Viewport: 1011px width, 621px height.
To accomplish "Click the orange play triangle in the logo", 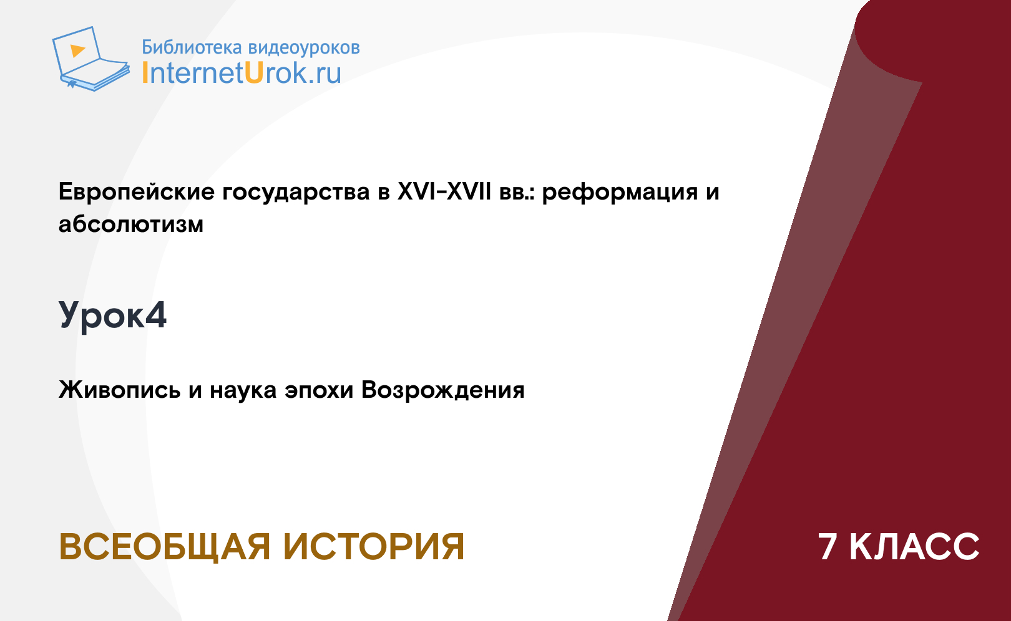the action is click(x=77, y=51).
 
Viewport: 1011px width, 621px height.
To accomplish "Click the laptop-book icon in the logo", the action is click(x=90, y=59).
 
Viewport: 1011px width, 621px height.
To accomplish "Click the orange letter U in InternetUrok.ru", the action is click(x=254, y=73).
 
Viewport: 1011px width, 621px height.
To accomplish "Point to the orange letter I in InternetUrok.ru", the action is click(x=145, y=73).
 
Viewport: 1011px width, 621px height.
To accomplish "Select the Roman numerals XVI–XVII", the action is click(x=444, y=191).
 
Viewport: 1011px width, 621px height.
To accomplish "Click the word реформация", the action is click(x=620, y=193).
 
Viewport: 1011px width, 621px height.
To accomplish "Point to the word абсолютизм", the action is click(x=131, y=224).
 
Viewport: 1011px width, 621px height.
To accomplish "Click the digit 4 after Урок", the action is click(x=156, y=315).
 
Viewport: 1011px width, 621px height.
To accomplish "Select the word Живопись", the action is click(x=120, y=390).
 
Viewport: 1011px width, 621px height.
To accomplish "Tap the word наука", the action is click(x=243, y=390).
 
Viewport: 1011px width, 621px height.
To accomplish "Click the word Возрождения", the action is click(x=442, y=390).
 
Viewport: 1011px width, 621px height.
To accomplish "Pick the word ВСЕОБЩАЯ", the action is click(x=165, y=547).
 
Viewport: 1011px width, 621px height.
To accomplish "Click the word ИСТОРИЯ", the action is click(x=374, y=547).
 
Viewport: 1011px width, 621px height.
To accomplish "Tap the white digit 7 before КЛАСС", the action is click(x=828, y=547).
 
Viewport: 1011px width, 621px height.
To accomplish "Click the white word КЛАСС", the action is click(x=914, y=547).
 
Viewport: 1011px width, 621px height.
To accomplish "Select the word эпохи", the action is click(x=319, y=390).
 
